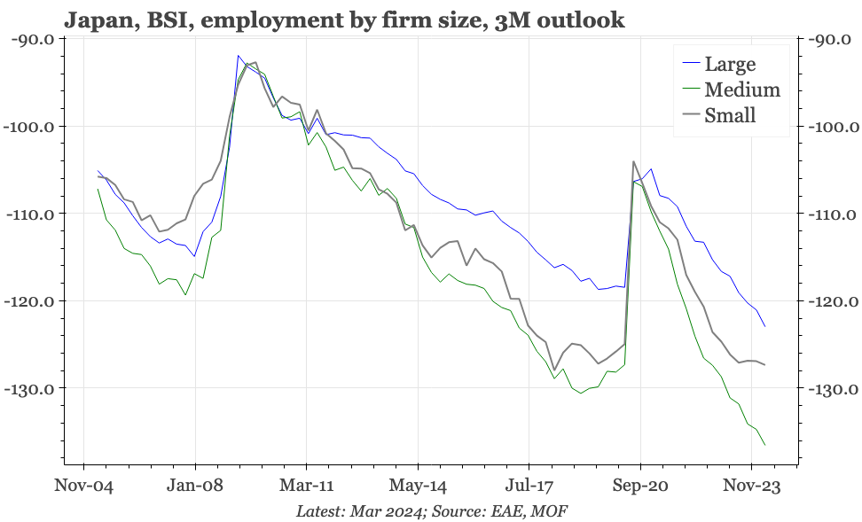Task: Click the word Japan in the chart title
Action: [x=92, y=19]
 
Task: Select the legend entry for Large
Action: [x=730, y=64]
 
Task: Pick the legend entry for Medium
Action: [x=741, y=90]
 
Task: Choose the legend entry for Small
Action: [x=729, y=115]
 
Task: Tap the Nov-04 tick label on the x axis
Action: [x=83, y=486]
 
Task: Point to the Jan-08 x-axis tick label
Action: [x=194, y=486]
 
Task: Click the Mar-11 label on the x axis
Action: [x=306, y=486]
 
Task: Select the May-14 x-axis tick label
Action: [x=418, y=486]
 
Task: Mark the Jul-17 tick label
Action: [x=529, y=486]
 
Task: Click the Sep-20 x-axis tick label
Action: [x=640, y=486]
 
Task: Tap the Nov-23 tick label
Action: [x=751, y=486]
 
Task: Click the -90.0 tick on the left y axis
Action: [x=31, y=39]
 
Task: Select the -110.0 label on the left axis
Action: [x=29, y=214]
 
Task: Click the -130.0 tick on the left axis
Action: [x=29, y=388]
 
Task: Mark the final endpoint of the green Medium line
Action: [x=764, y=445]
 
